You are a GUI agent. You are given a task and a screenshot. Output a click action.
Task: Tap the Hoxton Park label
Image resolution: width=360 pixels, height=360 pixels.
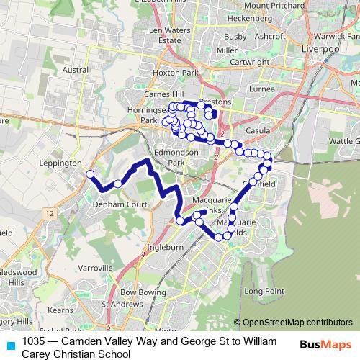click(175, 73)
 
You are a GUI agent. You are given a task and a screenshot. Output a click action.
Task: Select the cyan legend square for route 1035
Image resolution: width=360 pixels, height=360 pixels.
click(9, 345)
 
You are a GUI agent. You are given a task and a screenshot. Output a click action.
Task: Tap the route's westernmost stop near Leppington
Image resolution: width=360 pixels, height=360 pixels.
click(90, 174)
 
